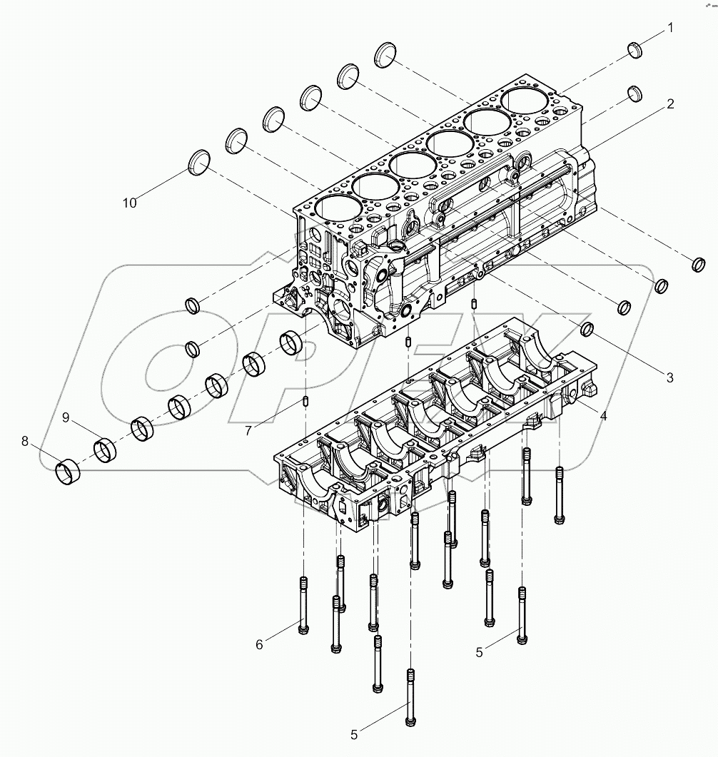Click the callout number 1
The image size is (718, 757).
click(x=670, y=28)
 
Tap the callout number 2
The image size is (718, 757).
click(x=670, y=104)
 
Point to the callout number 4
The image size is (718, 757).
click(x=603, y=414)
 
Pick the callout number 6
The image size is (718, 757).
click(x=260, y=644)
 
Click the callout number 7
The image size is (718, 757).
click(x=248, y=432)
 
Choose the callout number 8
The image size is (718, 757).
click(x=26, y=442)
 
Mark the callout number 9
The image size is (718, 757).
click(x=66, y=418)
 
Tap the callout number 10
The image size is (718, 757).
click(x=129, y=203)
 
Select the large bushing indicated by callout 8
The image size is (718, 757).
click(x=69, y=472)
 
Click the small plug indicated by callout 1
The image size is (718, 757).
click(x=634, y=49)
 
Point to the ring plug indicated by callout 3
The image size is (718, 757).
click(x=587, y=329)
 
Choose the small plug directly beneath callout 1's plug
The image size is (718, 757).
click(x=634, y=93)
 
